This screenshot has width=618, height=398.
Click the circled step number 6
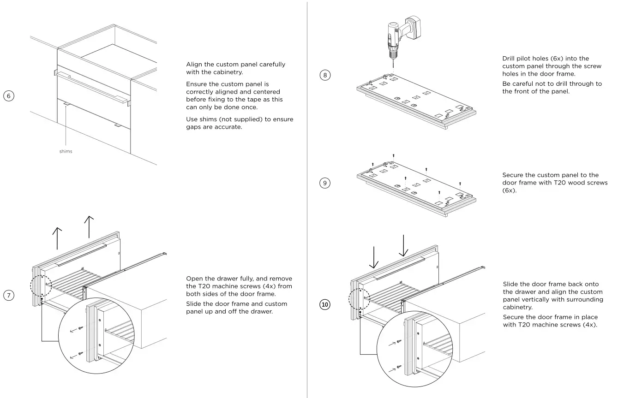(9, 96)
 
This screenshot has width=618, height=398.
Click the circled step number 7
(9, 295)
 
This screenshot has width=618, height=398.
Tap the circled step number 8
(325, 75)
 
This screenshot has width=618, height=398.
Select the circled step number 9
(325, 183)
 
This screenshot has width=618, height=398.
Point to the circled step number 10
(325, 304)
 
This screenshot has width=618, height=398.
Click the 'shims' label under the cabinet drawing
(66, 151)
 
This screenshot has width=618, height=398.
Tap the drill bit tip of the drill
(393, 66)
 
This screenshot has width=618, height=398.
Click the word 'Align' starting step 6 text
(194, 65)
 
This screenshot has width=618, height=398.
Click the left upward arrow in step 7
(57, 238)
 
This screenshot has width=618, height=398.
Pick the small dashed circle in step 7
(41, 286)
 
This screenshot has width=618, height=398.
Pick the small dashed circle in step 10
(360, 299)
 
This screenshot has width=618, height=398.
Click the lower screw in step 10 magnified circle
(398, 368)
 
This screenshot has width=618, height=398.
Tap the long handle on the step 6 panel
(90, 88)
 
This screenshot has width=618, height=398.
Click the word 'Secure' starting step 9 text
(513, 175)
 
